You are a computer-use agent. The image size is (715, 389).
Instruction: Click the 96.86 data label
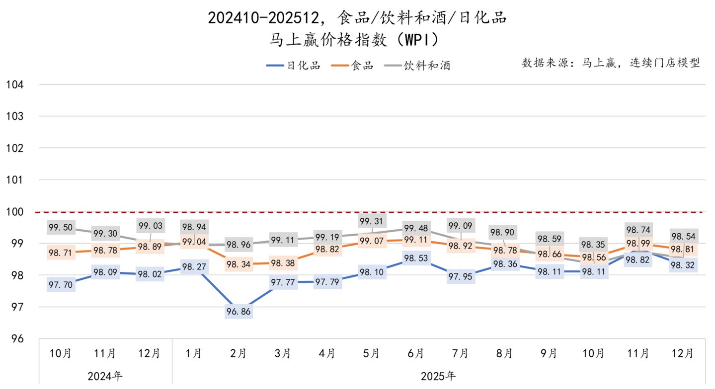(239, 311)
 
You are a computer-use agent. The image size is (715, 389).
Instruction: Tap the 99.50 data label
(61, 227)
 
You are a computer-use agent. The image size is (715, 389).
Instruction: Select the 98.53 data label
(415, 258)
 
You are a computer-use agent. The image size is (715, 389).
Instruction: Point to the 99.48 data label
(416, 228)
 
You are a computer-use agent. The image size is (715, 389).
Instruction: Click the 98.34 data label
(239, 264)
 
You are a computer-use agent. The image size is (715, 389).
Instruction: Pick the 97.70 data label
(61, 284)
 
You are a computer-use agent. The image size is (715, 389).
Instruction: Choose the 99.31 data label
(371, 221)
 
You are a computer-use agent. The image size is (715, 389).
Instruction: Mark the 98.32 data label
(683, 265)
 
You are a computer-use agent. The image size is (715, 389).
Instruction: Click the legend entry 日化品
(293, 65)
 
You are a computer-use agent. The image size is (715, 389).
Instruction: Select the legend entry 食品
(352, 65)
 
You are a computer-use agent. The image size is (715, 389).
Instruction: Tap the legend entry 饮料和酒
(417, 65)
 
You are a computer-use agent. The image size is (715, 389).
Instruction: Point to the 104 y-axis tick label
(15, 84)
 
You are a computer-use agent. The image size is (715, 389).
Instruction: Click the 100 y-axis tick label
(15, 212)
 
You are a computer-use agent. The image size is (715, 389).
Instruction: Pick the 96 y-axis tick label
(17, 338)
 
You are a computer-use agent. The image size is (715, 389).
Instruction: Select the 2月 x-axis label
(238, 353)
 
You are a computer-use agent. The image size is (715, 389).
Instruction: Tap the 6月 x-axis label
(415, 353)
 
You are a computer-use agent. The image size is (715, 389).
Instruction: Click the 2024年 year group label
(105, 376)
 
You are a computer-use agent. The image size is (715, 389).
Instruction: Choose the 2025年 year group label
(438, 376)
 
